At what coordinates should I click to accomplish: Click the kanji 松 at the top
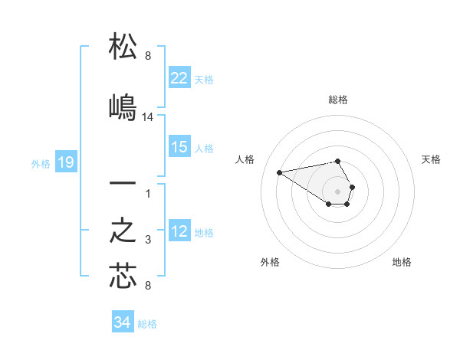(x=123, y=47)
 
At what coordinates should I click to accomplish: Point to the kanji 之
(x=123, y=232)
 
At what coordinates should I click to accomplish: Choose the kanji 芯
(x=123, y=277)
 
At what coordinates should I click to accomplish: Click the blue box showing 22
(x=179, y=78)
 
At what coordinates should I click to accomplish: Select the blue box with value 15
(x=179, y=147)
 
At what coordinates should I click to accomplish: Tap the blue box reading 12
(x=179, y=231)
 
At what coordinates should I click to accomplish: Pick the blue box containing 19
(x=65, y=162)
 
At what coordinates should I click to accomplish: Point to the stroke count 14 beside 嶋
(x=148, y=117)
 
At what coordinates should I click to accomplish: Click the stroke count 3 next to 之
(x=148, y=241)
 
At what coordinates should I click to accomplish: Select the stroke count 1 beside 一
(x=148, y=194)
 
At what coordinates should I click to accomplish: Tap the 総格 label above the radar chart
(x=338, y=100)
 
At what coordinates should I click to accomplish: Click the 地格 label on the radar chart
(x=402, y=262)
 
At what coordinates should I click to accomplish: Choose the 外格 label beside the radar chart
(x=270, y=262)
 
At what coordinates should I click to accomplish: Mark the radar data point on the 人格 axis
(x=279, y=172)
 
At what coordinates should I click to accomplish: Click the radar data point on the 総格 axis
(x=338, y=161)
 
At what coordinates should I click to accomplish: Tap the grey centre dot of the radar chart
(x=338, y=191)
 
